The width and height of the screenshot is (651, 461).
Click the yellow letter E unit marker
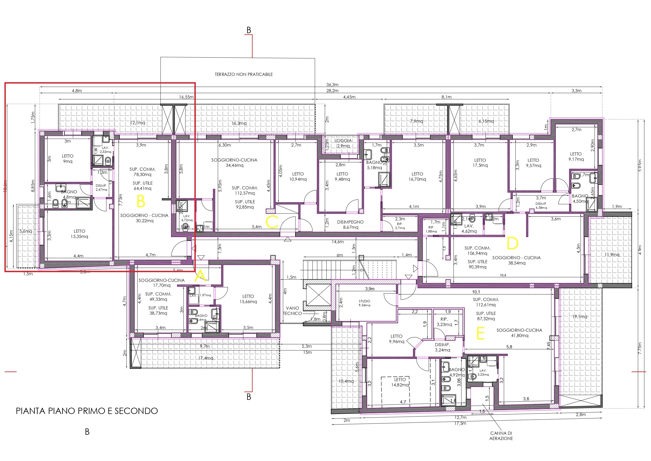[x=480, y=334]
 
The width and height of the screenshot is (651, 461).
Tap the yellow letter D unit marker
[x=512, y=244]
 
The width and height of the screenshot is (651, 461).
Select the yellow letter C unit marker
[x=272, y=222]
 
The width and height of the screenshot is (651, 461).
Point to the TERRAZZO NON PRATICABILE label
[x=244, y=74]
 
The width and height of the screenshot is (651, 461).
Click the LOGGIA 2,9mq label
[x=343, y=143]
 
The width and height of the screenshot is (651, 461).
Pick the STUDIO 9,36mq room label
[x=364, y=303]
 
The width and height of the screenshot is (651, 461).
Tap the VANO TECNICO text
[x=292, y=310]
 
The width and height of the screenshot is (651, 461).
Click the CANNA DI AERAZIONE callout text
[x=501, y=436]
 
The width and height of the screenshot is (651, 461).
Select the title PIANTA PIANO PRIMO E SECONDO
[x=87, y=411]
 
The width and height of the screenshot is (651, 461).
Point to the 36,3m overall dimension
[x=332, y=85]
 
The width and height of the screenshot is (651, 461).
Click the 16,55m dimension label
[x=186, y=97]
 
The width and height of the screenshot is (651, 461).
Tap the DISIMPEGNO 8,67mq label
[x=350, y=225]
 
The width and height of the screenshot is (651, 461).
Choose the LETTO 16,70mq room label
[x=417, y=177]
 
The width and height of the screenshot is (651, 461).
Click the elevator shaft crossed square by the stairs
[x=319, y=295]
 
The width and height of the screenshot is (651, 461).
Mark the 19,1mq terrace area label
[x=580, y=317]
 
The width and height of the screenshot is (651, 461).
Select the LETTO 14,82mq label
[x=400, y=382]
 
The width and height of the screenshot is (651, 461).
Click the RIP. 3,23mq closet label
[x=444, y=322]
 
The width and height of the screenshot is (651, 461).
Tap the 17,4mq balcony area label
[x=205, y=358]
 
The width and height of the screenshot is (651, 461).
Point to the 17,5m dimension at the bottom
[x=460, y=423]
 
